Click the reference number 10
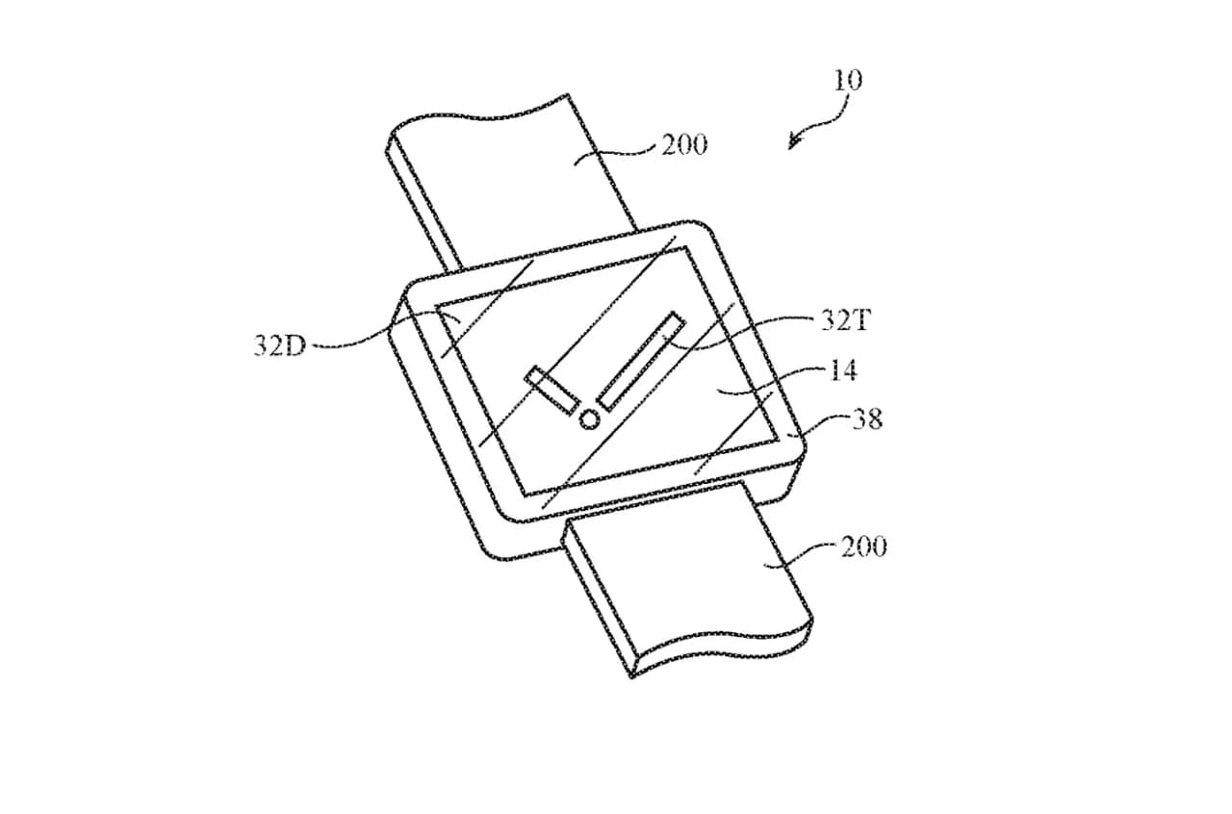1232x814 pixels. pos(848,79)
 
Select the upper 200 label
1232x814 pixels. pos(683,145)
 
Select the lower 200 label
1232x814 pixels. pos(863,547)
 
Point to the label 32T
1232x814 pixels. pos(844,320)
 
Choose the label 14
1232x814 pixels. pos(842,369)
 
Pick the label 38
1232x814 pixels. pos(865,419)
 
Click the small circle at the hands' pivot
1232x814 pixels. pos(589,419)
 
